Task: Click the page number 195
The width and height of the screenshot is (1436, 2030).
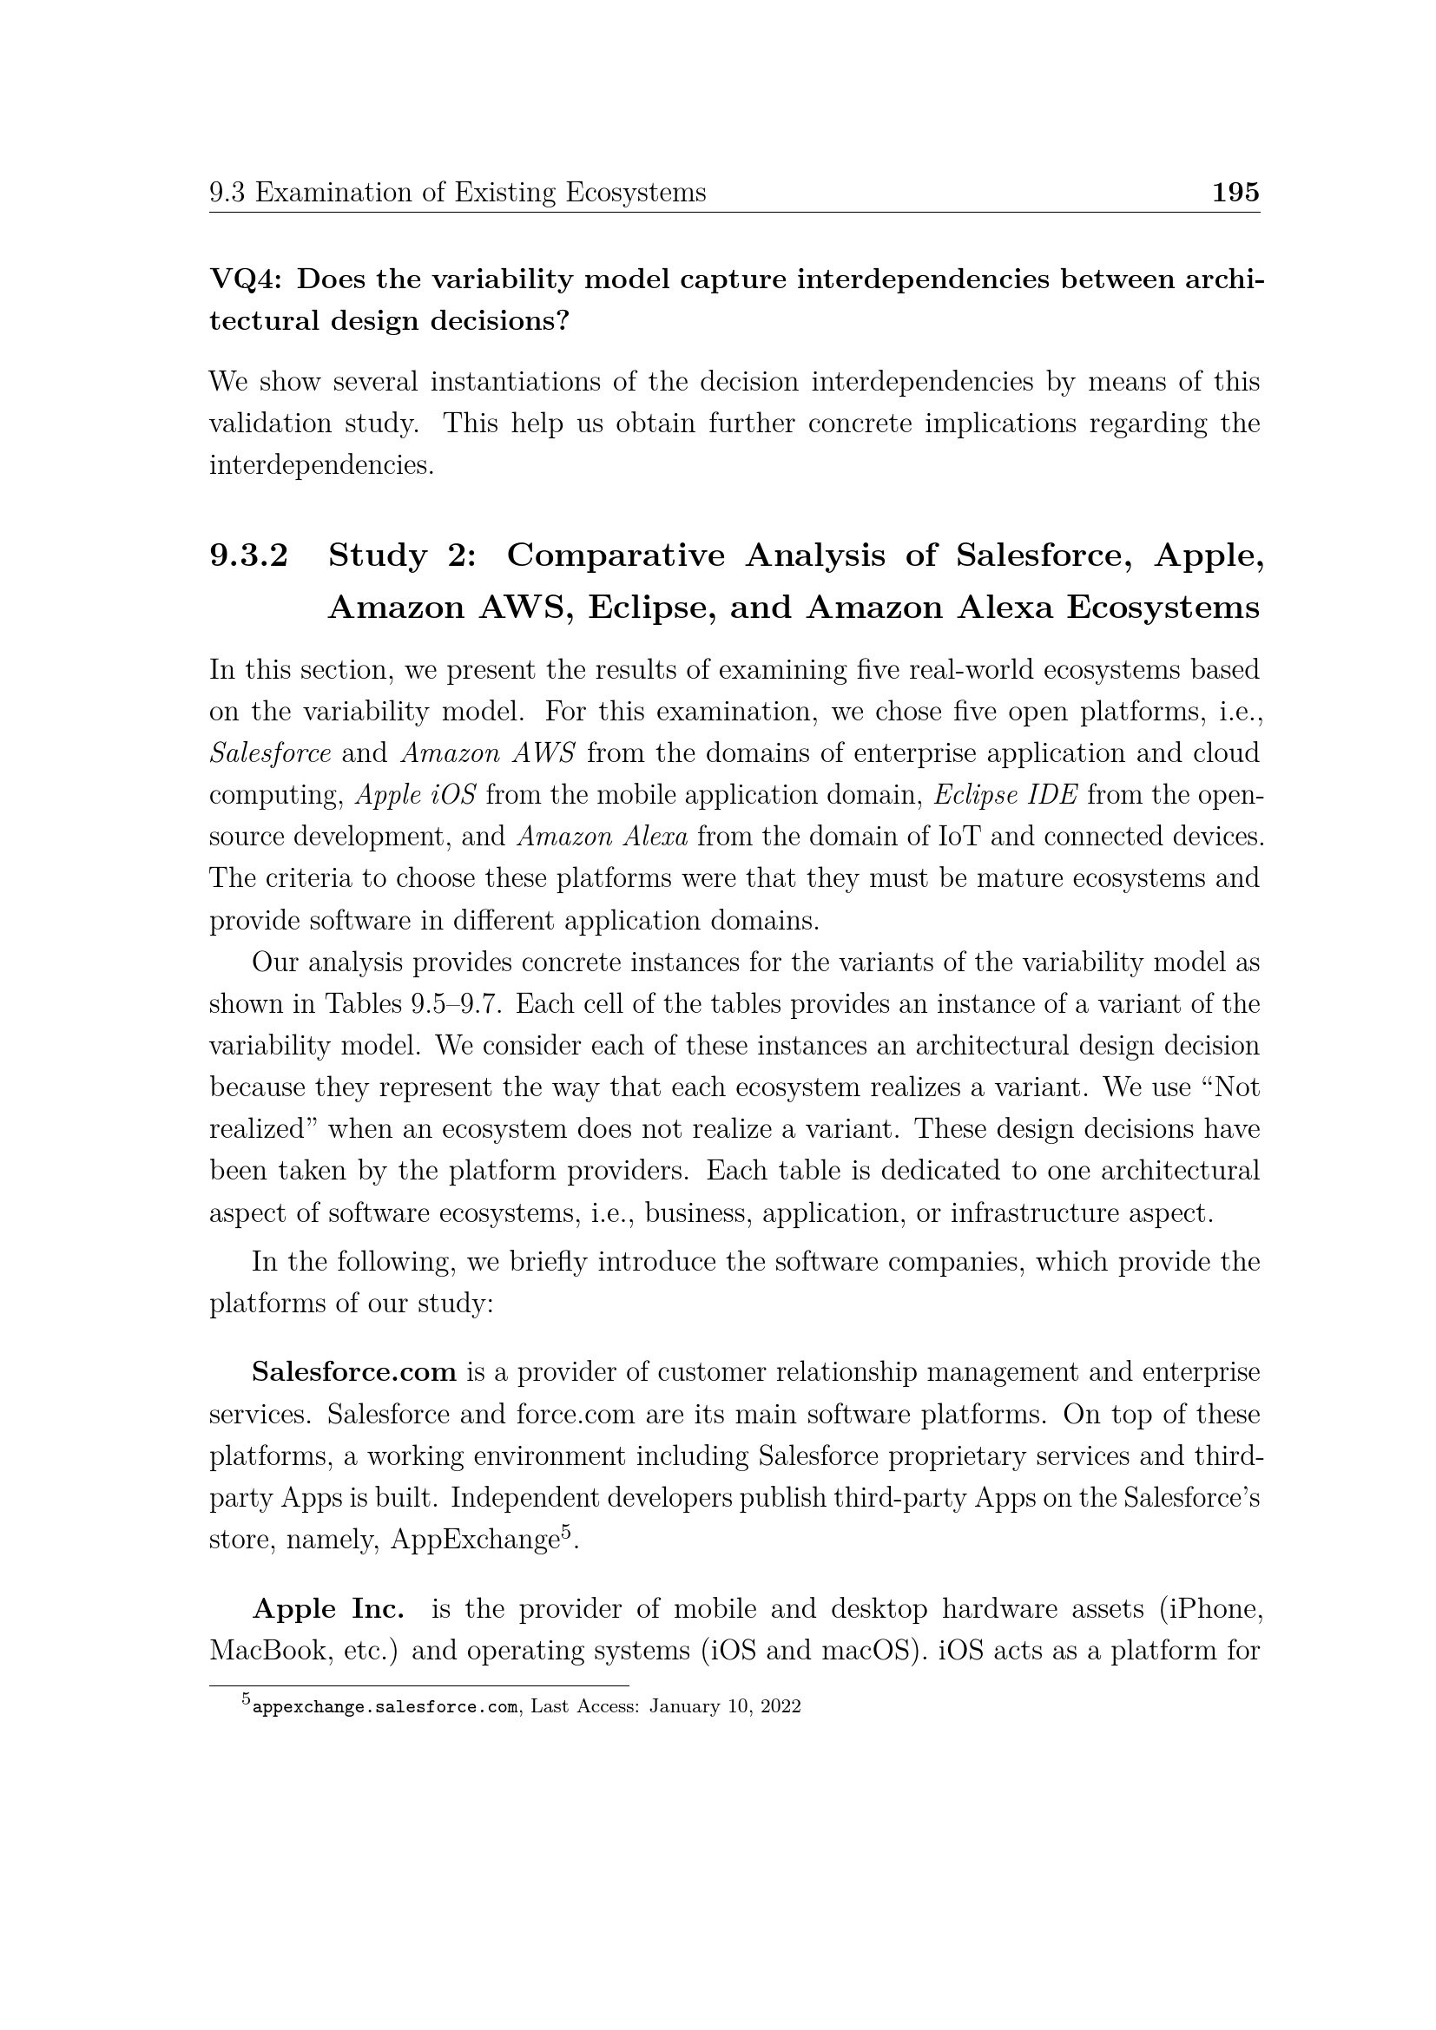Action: (1235, 192)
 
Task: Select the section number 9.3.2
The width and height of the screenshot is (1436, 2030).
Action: (248, 555)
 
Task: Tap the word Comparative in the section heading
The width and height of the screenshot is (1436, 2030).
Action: (616, 555)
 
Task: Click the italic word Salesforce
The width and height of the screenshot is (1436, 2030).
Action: (270, 753)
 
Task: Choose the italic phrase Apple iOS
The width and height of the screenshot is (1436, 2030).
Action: (416, 795)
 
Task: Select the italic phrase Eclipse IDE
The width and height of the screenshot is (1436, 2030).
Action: (1005, 795)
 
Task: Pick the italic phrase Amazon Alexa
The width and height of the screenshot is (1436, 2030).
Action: (603, 837)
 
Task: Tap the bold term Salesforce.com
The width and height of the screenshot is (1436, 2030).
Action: (353, 1373)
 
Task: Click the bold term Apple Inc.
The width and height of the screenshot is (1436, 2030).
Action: (328, 1609)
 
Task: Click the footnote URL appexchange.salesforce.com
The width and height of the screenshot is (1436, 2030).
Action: (385, 1707)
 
